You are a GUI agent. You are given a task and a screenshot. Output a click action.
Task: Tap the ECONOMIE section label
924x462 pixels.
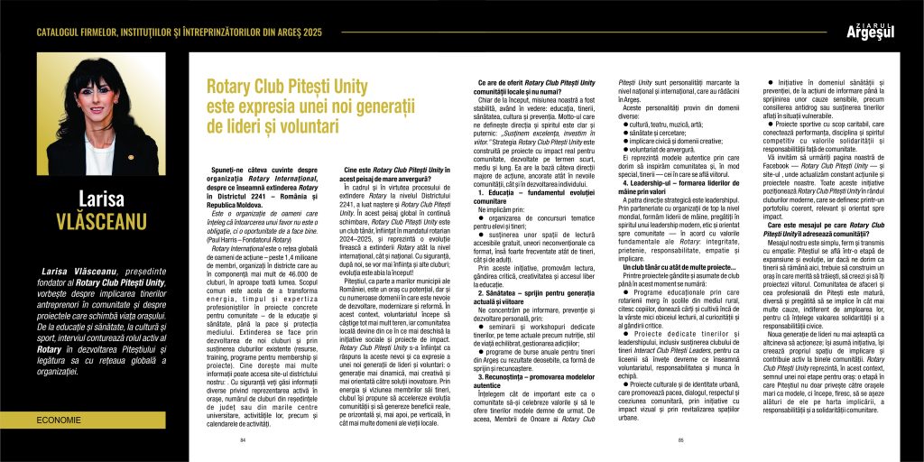pyautogui.click(x=58, y=420)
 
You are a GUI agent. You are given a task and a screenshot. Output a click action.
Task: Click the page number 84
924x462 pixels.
pyautogui.click(x=243, y=439)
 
